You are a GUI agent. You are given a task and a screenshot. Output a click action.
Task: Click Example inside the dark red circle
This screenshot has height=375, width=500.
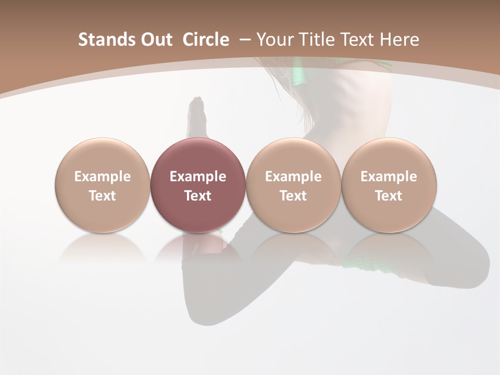198,177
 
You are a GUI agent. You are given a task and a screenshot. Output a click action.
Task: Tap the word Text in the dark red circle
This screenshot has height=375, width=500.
198,196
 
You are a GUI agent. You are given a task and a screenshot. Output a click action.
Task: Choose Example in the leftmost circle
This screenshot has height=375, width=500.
103,177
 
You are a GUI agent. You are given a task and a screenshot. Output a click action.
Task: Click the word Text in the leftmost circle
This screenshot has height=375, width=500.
103,196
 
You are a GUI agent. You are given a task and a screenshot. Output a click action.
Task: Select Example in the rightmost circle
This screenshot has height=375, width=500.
389,177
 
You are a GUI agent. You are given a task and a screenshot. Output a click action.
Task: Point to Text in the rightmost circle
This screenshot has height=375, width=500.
389,196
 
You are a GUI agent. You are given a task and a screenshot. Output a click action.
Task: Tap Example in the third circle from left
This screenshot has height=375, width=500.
293,177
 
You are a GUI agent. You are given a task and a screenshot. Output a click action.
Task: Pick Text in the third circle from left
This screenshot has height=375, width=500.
293,196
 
